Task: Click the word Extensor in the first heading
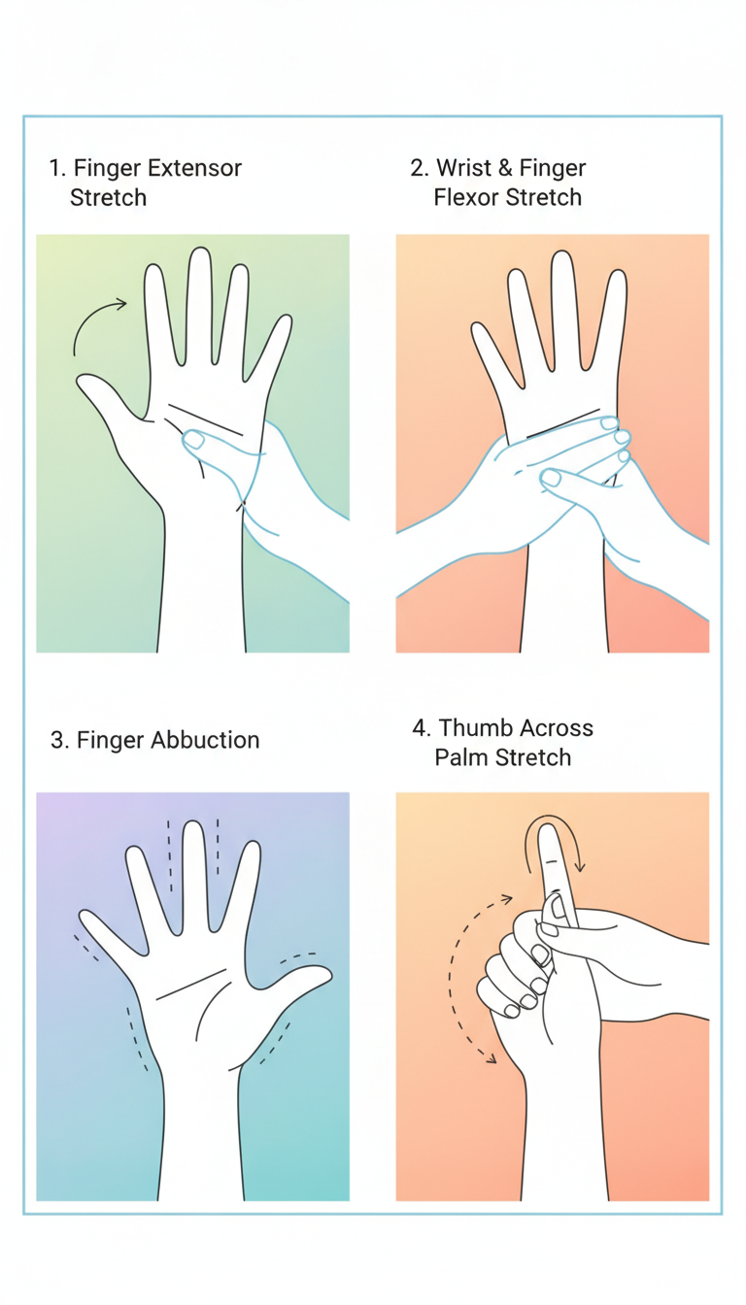[x=194, y=168]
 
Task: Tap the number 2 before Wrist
[x=417, y=168]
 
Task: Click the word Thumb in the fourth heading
[x=474, y=727]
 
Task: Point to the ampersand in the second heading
[x=506, y=168]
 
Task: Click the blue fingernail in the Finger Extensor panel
[x=194, y=439]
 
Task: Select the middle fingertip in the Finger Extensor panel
[x=199, y=252]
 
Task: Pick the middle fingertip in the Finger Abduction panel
[x=192, y=825]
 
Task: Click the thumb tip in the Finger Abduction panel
[x=326, y=972]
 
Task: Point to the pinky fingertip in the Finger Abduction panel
[x=85, y=916]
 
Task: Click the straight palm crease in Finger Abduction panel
[x=191, y=985]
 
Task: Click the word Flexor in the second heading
[x=467, y=197]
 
